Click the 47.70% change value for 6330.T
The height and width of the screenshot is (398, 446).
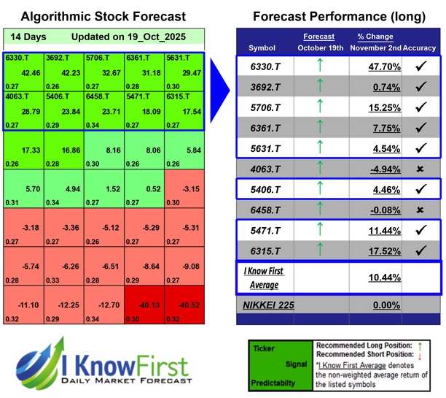[x=369, y=67]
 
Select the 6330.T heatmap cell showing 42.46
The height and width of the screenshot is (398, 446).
[x=23, y=67]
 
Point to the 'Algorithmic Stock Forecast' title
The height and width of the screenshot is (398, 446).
[x=103, y=16]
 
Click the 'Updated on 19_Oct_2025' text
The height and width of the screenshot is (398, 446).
[x=141, y=37]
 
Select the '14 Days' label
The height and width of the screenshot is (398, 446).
[x=26, y=37]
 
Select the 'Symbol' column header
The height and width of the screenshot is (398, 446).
[x=262, y=47]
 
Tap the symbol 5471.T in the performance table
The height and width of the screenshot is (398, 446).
[x=262, y=231]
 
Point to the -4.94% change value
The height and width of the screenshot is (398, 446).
[x=369, y=169]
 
